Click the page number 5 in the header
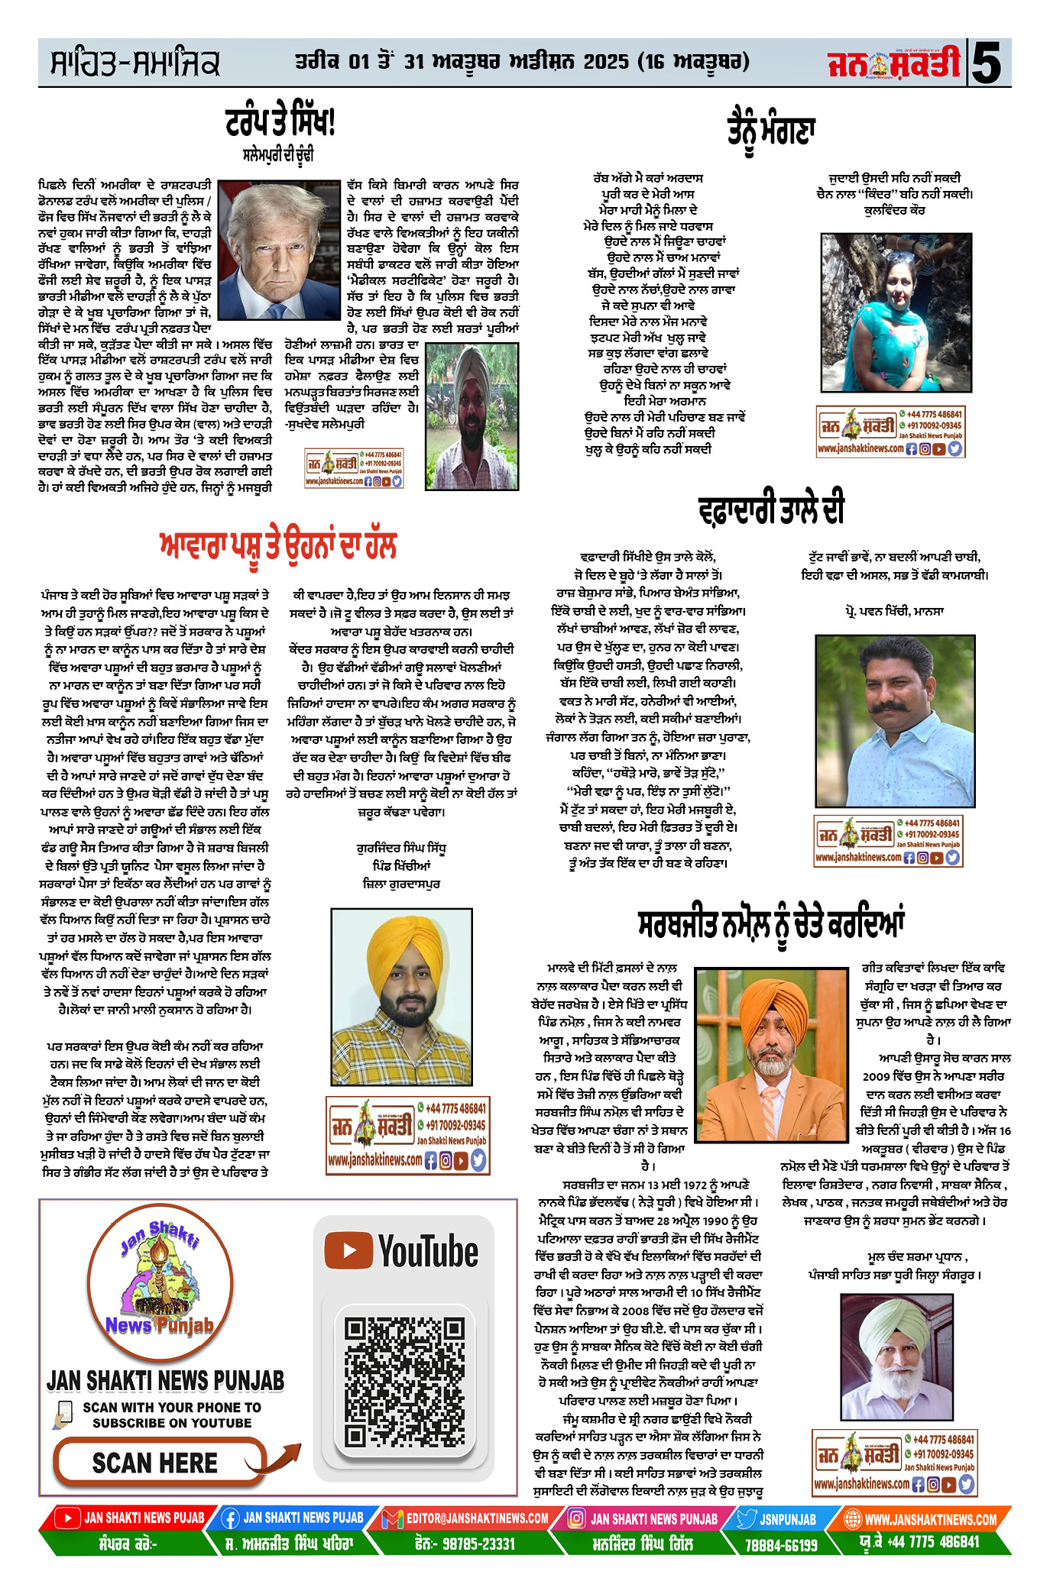point(987,63)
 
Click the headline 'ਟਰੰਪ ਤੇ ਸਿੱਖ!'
point(280,123)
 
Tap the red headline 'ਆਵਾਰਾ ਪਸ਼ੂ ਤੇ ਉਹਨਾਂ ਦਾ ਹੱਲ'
point(278,547)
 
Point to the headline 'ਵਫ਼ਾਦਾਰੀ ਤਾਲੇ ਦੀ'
point(771,509)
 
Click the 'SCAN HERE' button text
point(155,1463)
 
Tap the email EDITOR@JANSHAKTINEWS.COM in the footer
point(477,1518)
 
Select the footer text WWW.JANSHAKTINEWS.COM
point(930,1519)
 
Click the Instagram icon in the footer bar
point(577,1518)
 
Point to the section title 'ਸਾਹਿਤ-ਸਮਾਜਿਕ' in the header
point(134,63)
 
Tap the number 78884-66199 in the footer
point(781,1545)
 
